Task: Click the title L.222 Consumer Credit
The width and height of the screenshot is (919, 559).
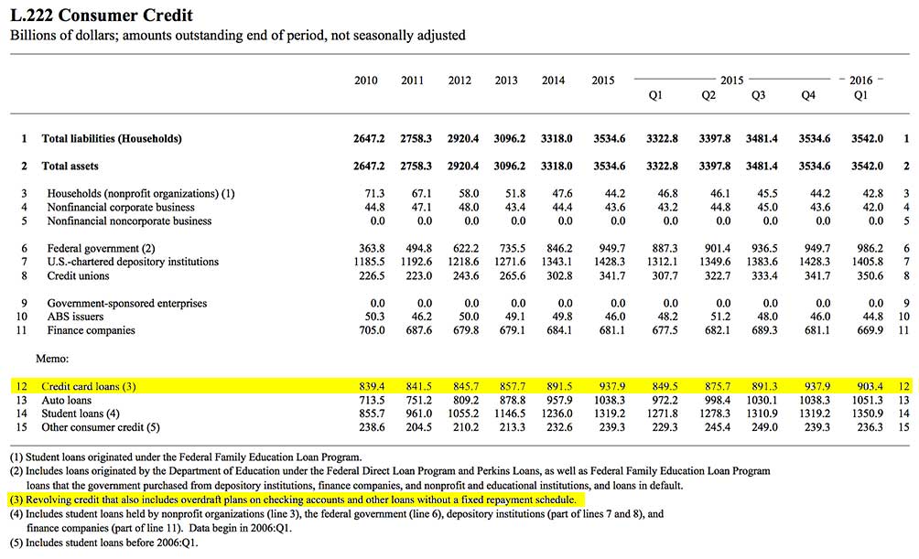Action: click(x=101, y=16)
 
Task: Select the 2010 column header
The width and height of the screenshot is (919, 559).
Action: click(x=366, y=81)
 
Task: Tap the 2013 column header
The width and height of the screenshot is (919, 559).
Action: click(x=506, y=81)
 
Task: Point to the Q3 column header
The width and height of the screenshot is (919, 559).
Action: click(x=758, y=95)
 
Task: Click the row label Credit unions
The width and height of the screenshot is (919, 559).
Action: click(x=79, y=275)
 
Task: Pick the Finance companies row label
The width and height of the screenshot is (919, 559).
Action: click(x=92, y=330)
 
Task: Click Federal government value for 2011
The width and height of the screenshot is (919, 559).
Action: click(x=413, y=248)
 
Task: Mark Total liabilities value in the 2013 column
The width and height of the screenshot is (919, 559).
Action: click(x=506, y=139)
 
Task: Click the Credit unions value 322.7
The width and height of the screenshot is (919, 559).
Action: click(x=708, y=275)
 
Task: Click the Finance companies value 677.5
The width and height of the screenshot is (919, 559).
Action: click(x=655, y=330)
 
